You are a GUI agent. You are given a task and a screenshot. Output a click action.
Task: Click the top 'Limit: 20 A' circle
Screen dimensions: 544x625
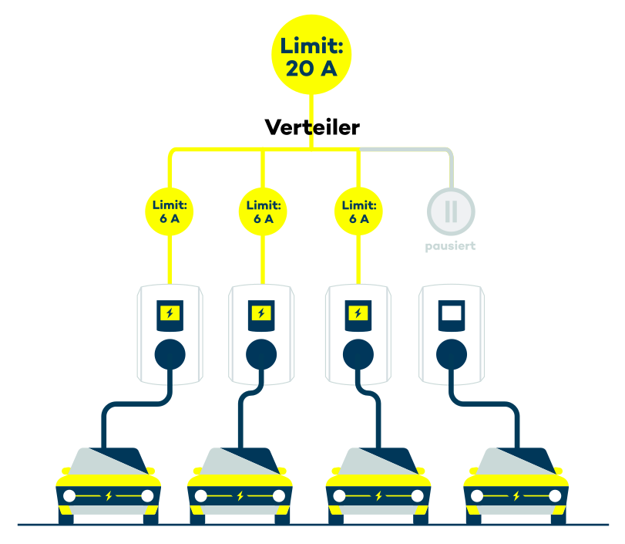coord(311,56)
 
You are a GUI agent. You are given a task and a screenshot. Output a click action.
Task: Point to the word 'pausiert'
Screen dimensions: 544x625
coord(451,246)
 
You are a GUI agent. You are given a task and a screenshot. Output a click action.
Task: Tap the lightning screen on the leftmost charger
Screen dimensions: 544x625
coord(170,313)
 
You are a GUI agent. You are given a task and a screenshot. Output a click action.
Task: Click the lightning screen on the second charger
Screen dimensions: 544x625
coord(262,313)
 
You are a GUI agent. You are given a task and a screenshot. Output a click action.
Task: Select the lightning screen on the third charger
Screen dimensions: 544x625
coord(358,313)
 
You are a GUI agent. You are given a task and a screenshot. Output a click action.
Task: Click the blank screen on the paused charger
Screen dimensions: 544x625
coord(452,313)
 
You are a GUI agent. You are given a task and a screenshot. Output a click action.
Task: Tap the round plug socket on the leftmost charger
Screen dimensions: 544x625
coord(170,355)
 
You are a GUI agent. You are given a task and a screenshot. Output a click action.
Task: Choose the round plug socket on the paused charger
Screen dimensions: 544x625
coord(452,355)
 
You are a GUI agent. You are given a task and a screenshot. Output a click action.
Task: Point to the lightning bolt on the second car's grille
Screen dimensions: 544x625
coord(240,495)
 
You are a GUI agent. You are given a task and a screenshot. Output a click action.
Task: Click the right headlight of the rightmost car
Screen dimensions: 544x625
coord(555,495)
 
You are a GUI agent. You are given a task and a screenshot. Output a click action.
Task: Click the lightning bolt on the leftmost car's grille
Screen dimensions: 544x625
coord(109,495)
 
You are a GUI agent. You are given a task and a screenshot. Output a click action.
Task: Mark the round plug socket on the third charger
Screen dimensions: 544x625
coord(358,355)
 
